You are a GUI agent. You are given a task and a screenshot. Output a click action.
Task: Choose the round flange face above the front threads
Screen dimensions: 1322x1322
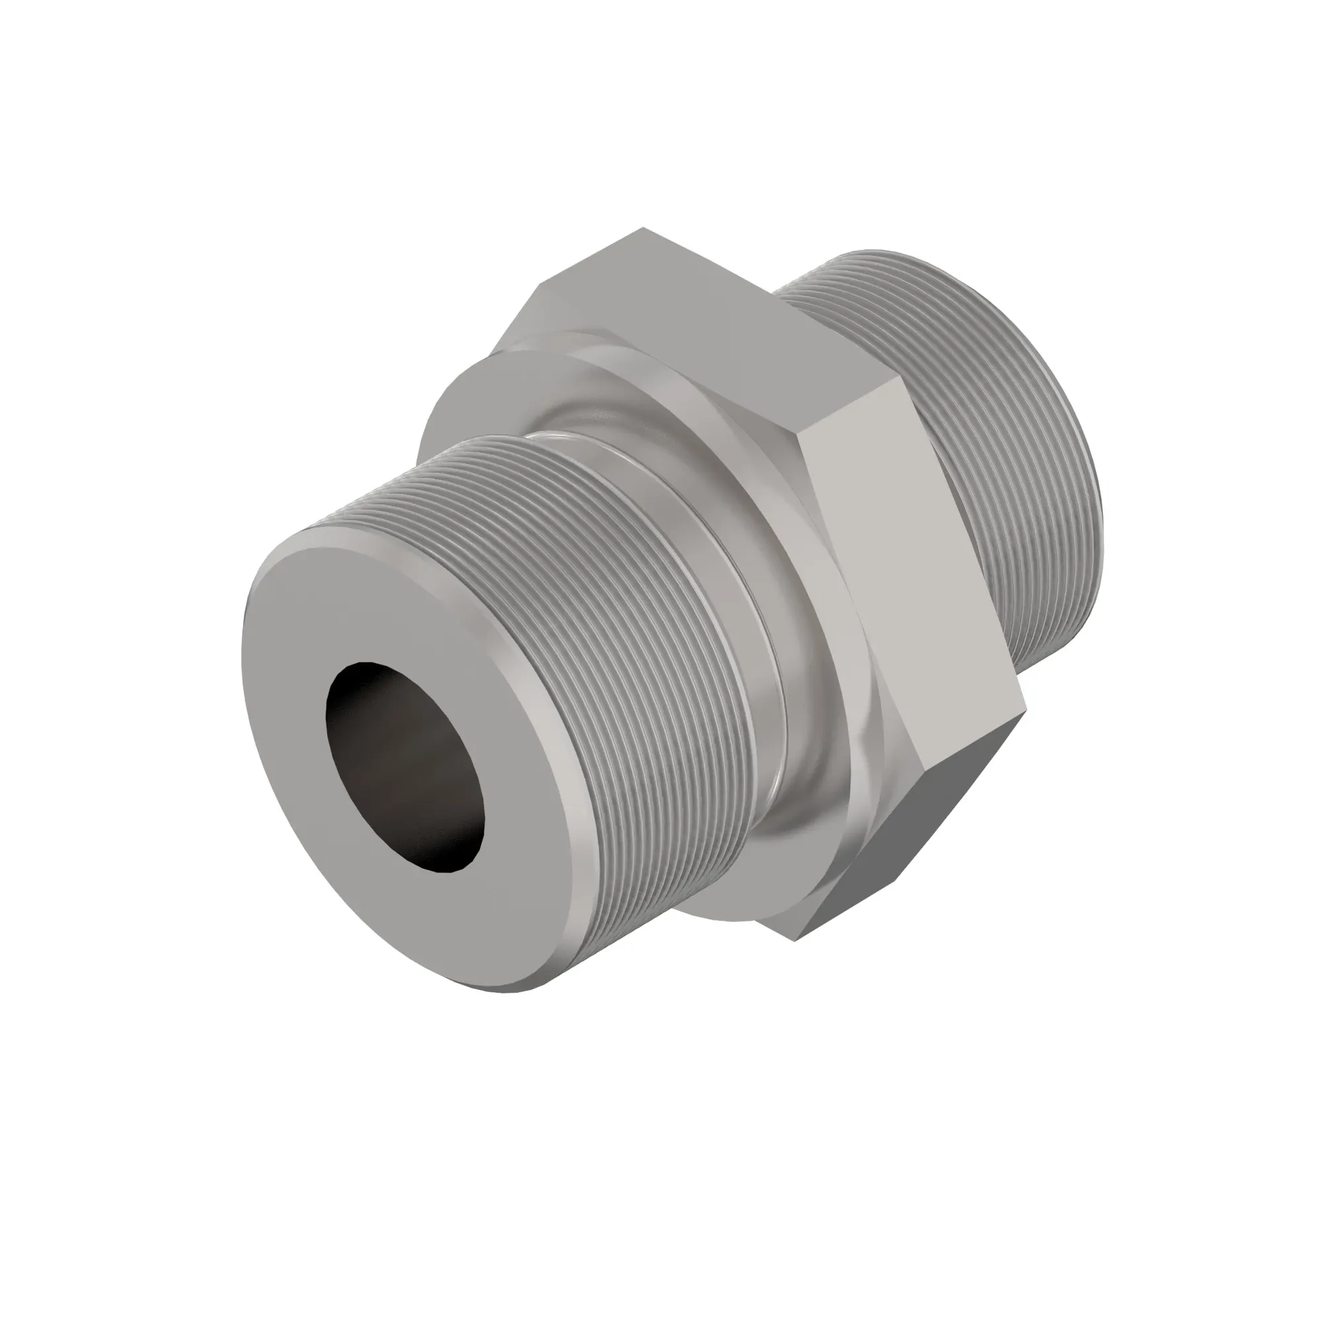[479, 397]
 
